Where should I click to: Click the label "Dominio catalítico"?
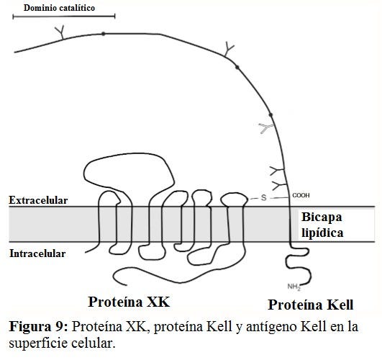point(59,8)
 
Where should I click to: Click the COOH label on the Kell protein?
point(301,195)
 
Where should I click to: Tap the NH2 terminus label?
point(294,287)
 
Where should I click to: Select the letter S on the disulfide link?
point(263,197)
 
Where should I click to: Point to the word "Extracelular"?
point(38,200)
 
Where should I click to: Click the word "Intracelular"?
point(37,253)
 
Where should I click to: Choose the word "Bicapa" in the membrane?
point(322,217)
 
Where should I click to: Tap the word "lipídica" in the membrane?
point(322,233)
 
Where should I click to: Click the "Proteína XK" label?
point(129,302)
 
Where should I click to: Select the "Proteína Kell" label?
point(311,305)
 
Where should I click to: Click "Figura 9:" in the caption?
point(39,327)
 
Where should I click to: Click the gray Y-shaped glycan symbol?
point(266,128)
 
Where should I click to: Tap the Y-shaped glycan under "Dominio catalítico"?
point(60,32)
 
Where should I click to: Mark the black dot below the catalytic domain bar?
point(104,34)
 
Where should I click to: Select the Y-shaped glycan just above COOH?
point(279,186)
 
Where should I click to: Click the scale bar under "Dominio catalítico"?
point(64,17)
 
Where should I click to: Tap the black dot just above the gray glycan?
point(270,115)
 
